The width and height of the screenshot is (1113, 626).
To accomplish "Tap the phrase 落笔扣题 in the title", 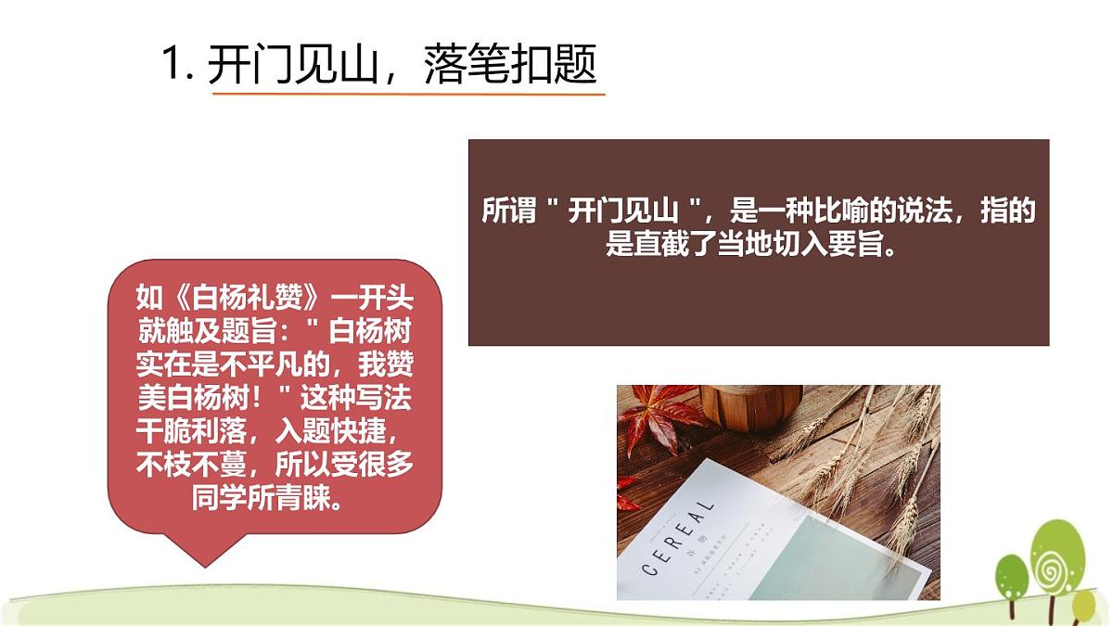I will (509, 65).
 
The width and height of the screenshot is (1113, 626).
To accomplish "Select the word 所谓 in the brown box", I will (509, 211).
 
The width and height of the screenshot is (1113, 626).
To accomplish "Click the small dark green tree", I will (1012, 574).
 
